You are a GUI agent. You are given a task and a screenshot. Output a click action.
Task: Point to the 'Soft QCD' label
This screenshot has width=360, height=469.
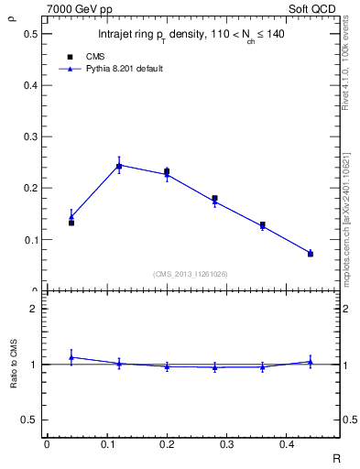[320, 8]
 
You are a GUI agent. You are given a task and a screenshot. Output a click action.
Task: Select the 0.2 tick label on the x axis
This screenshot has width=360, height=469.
[167, 443]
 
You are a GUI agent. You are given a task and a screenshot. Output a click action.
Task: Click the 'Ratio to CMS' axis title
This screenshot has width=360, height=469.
[12, 365]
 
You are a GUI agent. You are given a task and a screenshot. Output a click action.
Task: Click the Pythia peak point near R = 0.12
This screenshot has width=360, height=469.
[119, 166]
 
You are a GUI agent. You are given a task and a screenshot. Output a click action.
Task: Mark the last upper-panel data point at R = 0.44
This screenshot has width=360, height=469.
[311, 253]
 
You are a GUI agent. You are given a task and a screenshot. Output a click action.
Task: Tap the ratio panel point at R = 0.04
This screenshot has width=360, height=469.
[71, 357]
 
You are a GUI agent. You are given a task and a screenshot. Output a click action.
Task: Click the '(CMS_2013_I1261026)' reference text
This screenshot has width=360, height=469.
[190, 273]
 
